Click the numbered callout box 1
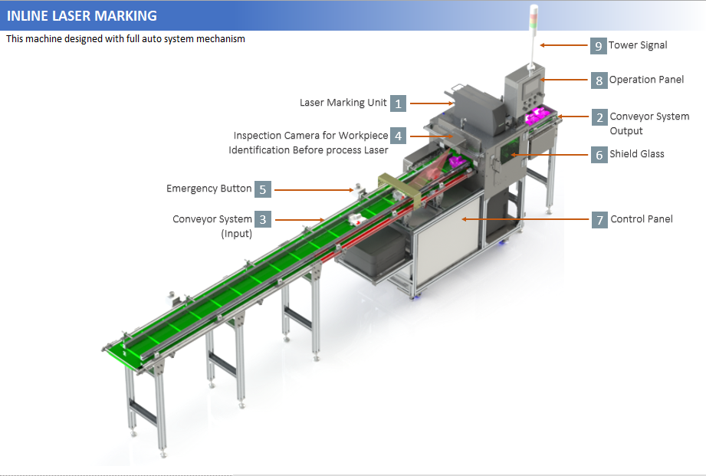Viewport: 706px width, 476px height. click(x=398, y=103)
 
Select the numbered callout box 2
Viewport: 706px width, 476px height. click(x=599, y=117)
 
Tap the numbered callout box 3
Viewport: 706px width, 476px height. click(x=263, y=219)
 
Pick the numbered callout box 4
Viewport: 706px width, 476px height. click(x=398, y=136)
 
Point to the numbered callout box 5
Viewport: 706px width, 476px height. click(x=262, y=189)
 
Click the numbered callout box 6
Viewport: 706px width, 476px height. click(x=599, y=154)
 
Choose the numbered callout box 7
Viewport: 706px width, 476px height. click(x=599, y=219)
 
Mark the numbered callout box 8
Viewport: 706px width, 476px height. click(x=599, y=80)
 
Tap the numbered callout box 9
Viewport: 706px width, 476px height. click(x=599, y=45)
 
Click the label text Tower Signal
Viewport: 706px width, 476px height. click(x=638, y=45)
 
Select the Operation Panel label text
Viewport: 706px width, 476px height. click(x=646, y=80)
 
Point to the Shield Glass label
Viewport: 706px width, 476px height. click(x=636, y=154)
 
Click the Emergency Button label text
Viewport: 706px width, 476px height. click(x=209, y=189)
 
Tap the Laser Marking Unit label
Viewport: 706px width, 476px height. click(x=343, y=103)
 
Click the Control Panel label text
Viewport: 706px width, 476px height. click(x=642, y=219)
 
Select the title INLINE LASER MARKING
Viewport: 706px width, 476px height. click(x=82, y=15)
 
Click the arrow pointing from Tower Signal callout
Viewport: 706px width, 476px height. click(x=563, y=45)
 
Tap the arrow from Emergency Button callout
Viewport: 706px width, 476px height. click(x=314, y=189)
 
